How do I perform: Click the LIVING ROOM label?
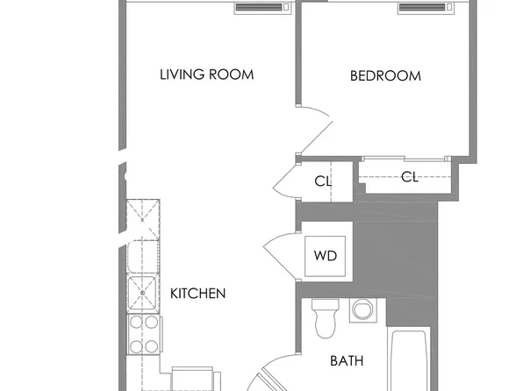(207, 75)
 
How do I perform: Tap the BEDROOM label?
(385, 76)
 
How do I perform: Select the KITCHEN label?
(197, 294)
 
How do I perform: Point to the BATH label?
(347, 361)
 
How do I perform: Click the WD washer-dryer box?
(326, 256)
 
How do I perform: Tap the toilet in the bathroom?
(326, 317)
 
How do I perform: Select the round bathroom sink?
(363, 310)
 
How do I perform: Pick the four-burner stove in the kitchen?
(144, 334)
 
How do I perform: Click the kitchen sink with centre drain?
(142, 293)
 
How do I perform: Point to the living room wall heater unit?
(262, 8)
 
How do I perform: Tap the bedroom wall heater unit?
(426, 8)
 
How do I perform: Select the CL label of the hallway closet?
(323, 181)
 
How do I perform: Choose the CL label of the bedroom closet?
(410, 177)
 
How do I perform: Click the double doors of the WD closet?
(280, 256)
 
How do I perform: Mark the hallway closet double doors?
(284, 181)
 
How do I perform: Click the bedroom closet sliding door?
(405, 159)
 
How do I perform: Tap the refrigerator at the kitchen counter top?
(143, 220)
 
